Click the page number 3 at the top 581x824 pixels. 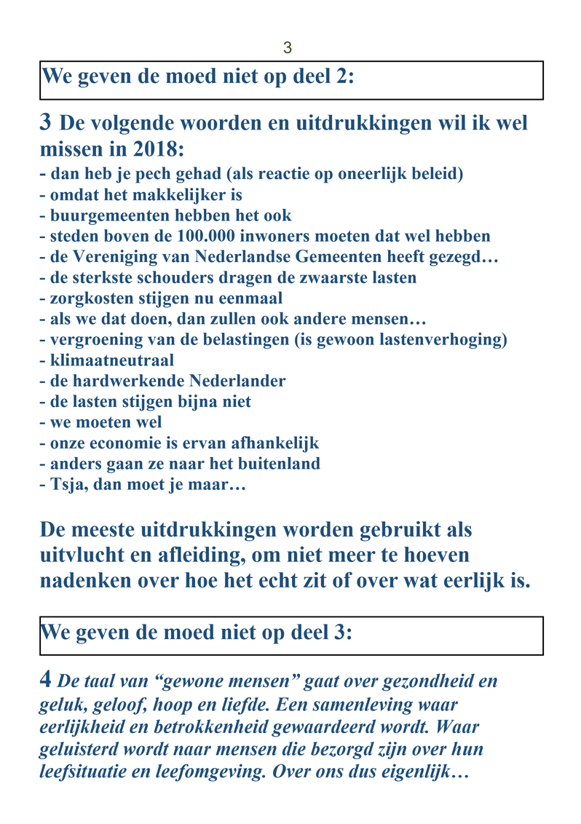[x=287, y=48]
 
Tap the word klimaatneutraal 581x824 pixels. [x=112, y=360]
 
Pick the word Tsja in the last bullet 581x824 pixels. [x=66, y=485]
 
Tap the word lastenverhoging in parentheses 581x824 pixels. [x=436, y=340]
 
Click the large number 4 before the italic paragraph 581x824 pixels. [x=45, y=680]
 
